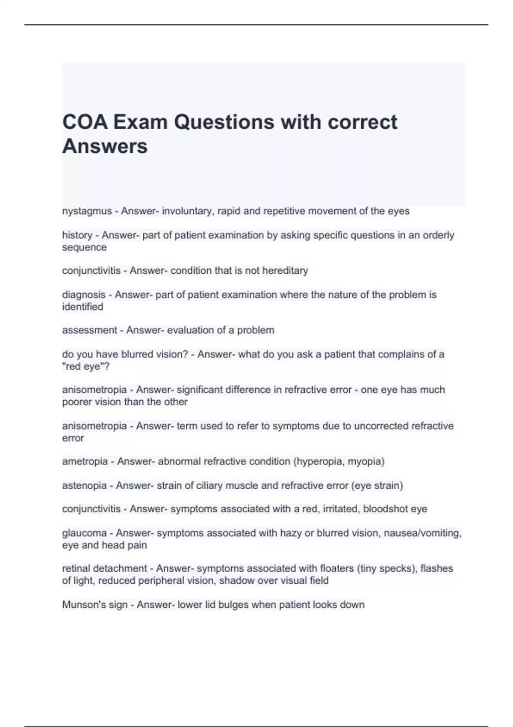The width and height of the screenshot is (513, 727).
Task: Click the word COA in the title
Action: (x=85, y=122)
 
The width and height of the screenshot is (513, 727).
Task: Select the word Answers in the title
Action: (x=105, y=146)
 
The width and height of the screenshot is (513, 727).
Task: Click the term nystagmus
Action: (x=87, y=211)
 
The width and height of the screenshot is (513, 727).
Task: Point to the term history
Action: (x=77, y=235)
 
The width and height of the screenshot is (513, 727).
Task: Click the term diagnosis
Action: (x=84, y=295)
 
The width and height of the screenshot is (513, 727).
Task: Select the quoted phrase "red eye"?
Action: (x=86, y=366)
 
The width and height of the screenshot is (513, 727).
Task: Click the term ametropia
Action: (x=85, y=461)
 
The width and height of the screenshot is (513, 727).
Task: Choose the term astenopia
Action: (x=84, y=486)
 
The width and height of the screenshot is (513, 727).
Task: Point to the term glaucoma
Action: (x=84, y=533)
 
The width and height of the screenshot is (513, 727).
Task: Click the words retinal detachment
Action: (x=104, y=569)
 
